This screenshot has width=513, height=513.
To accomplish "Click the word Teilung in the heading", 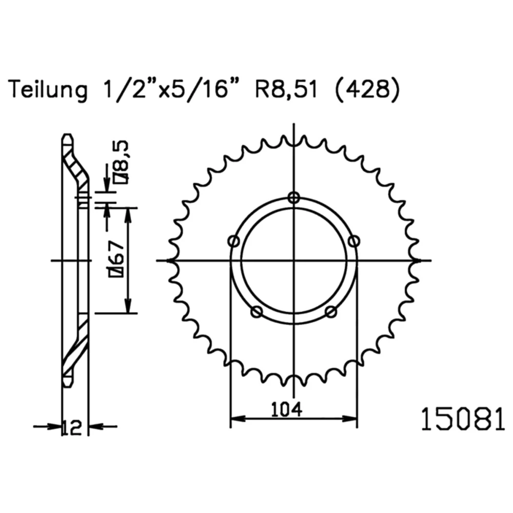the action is [48, 89].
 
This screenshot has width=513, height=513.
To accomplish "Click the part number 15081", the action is [463, 419].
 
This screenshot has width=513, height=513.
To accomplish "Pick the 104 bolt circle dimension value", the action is [287, 409].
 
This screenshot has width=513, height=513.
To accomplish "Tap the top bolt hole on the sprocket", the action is [294, 198].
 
